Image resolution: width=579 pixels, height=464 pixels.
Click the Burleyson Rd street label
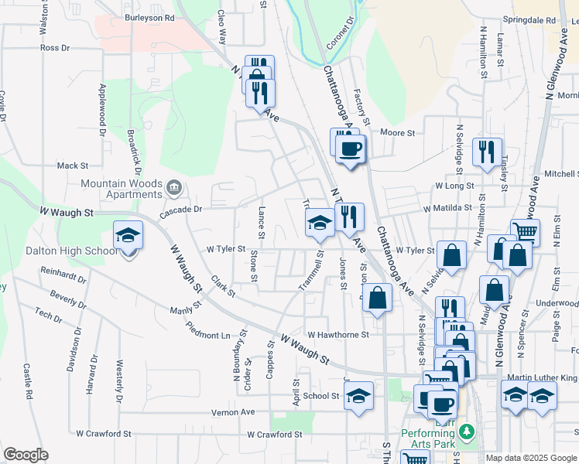pyautogui.click(x=149, y=16)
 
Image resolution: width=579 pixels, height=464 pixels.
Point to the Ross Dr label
pyautogui.click(x=55, y=48)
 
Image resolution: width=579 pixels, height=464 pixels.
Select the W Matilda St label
pyautogui.click(x=447, y=208)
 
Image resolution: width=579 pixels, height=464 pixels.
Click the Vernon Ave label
pyautogui.click(x=234, y=413)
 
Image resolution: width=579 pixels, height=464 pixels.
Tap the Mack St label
pyautogui.click(x=73, y=165)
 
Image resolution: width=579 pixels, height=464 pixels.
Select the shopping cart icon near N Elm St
pyautogui.click(x=526, y=231)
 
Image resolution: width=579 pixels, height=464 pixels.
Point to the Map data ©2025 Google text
pyautogui.click(x=531, y=458)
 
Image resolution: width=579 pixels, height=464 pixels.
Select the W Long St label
pyautogui.click(x=454, y=186)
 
